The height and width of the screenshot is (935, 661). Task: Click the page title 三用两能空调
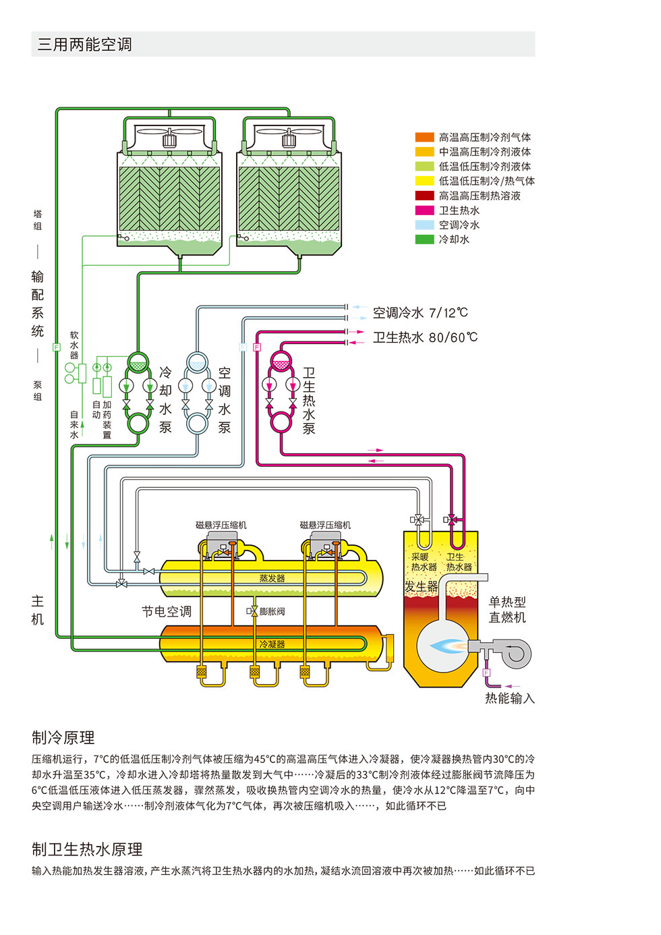point(85,45)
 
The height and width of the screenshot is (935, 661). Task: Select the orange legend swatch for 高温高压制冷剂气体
point(424,138)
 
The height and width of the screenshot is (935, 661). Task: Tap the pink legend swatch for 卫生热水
point(424,210)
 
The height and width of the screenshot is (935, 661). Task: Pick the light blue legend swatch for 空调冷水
point(424,225)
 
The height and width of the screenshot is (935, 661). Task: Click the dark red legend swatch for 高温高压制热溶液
point(424,196)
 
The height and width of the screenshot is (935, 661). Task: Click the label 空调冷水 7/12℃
point(420,312)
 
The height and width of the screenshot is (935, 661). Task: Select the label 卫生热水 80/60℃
point(425,337)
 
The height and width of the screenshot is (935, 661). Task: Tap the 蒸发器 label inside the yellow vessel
point(272,578)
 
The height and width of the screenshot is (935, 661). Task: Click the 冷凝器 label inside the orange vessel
point(272,644)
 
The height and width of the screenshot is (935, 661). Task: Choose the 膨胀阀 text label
point(272,611)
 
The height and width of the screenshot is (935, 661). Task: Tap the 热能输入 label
point(509,698)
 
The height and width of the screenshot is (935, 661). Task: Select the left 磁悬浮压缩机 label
point(221,525)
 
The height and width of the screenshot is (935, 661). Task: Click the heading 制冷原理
point(63,737)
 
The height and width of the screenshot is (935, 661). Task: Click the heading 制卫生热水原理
point(87,849)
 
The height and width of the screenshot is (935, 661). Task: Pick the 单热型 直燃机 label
point(507,610)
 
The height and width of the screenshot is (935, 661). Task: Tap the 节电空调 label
point(167,612)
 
